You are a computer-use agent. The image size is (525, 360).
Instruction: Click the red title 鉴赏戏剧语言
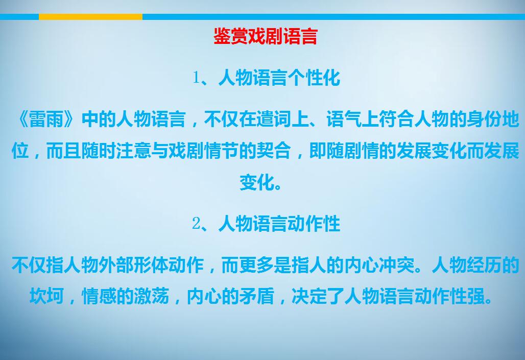(266, 36)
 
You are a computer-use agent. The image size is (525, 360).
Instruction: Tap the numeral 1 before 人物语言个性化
(196, 78)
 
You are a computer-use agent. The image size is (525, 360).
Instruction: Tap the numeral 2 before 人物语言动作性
(196, 223)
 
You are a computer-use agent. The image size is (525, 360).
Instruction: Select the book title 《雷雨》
(46, 119)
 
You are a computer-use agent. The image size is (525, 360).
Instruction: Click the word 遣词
(274, 119)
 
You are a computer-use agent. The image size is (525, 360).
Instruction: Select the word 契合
(274, 151)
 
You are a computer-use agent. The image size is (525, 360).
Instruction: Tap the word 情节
(221, 151)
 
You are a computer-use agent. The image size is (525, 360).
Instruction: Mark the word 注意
(134, 151)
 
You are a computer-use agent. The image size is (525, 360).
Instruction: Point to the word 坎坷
(47, 296)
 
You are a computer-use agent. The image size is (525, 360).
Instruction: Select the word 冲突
(397, 265)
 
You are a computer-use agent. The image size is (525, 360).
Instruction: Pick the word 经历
(484, 265)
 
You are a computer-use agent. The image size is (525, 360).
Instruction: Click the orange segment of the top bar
(91, 17)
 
